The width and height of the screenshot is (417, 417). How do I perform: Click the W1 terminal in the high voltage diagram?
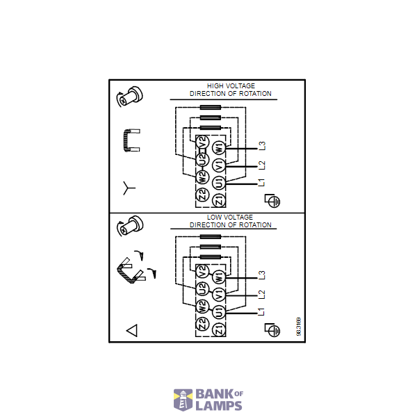point(219,148)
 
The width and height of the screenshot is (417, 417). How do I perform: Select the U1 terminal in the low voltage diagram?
point(219,311)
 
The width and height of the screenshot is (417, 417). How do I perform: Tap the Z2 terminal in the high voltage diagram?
point(202,195)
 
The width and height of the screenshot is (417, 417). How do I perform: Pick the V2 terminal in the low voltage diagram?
point(202,272)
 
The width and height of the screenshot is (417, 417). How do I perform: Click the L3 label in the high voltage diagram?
point(262,146)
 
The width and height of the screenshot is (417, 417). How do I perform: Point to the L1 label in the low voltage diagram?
point(261,311)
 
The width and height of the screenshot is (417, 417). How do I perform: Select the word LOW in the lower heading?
point(214,218)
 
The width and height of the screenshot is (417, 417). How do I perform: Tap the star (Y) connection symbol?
point(129,188)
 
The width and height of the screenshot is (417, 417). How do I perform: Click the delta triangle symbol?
point(131,330)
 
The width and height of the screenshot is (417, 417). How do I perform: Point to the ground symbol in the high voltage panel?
point(272,201)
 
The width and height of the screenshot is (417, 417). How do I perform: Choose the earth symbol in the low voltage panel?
point(272,330)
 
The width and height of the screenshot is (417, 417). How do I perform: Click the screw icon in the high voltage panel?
point(129,97)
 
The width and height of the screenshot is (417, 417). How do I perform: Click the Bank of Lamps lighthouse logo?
point(183,400)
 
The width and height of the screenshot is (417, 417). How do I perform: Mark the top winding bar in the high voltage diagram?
point(211,107)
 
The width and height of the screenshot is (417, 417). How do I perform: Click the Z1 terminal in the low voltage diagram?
point(219,329)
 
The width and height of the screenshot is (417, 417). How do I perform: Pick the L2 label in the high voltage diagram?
point(262,165)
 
